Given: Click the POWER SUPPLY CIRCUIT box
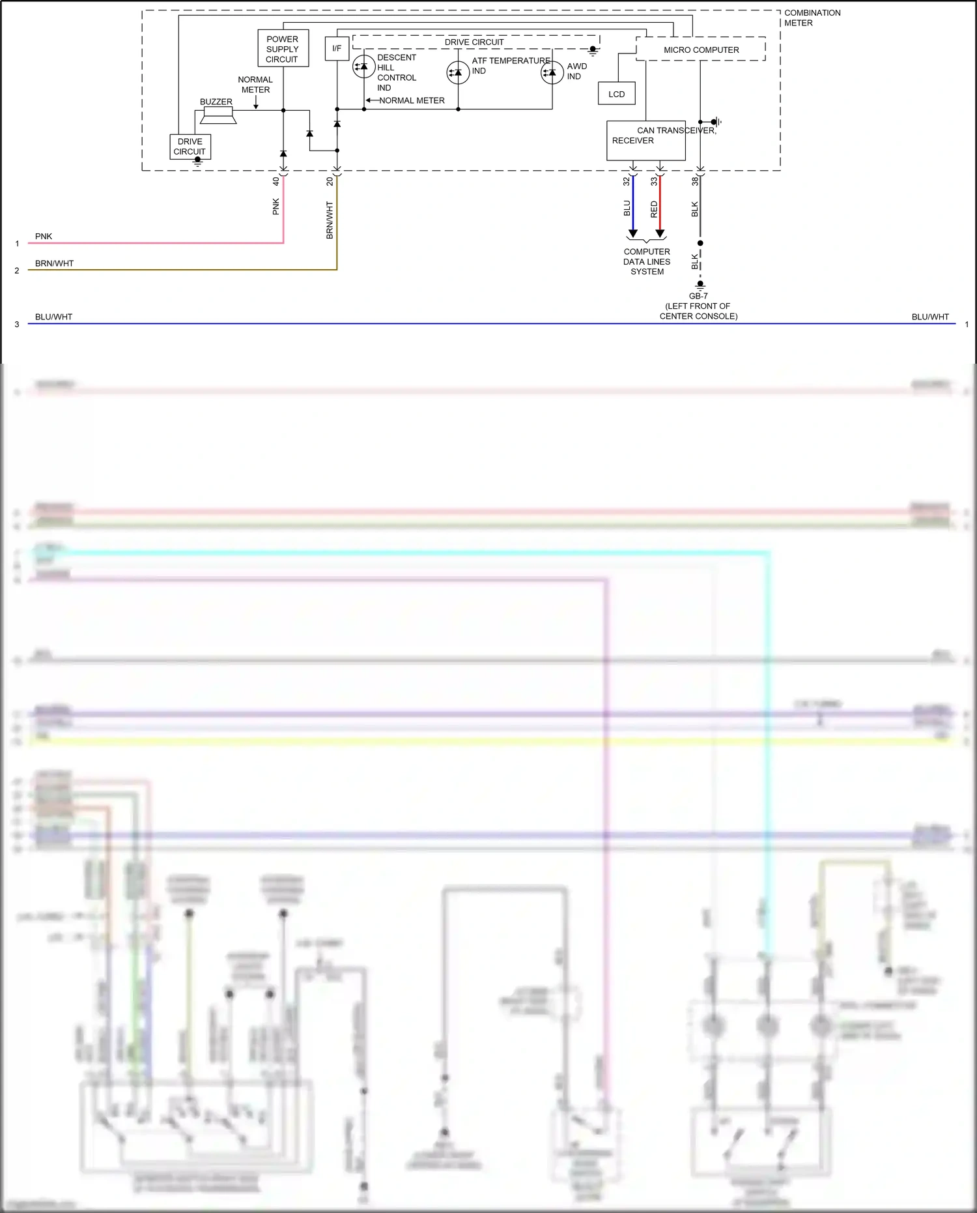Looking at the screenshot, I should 283,48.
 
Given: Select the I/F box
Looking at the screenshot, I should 337,48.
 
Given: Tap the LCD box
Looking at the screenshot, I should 616,94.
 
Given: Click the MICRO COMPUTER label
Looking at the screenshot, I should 701,50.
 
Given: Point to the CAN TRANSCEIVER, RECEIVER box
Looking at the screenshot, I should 645,140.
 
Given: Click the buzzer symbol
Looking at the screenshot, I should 218,115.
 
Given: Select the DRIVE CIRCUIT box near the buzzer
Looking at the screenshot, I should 190,147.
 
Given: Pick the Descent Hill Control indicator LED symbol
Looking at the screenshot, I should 363,66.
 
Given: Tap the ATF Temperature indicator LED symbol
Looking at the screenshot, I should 458,72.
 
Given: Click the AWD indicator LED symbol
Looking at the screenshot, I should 552,72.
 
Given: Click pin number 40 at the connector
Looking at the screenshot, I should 276,181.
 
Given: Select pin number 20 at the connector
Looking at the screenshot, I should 330,181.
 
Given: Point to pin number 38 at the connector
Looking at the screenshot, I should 694,181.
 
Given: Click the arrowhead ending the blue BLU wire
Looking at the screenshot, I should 632,233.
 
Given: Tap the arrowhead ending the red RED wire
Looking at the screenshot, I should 660,233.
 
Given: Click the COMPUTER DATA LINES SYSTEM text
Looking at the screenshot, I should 647,261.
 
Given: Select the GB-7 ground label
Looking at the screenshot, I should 698,296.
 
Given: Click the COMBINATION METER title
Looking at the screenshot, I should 812,18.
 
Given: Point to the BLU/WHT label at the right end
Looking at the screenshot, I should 929,317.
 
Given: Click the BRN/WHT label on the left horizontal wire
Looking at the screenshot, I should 54,263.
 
